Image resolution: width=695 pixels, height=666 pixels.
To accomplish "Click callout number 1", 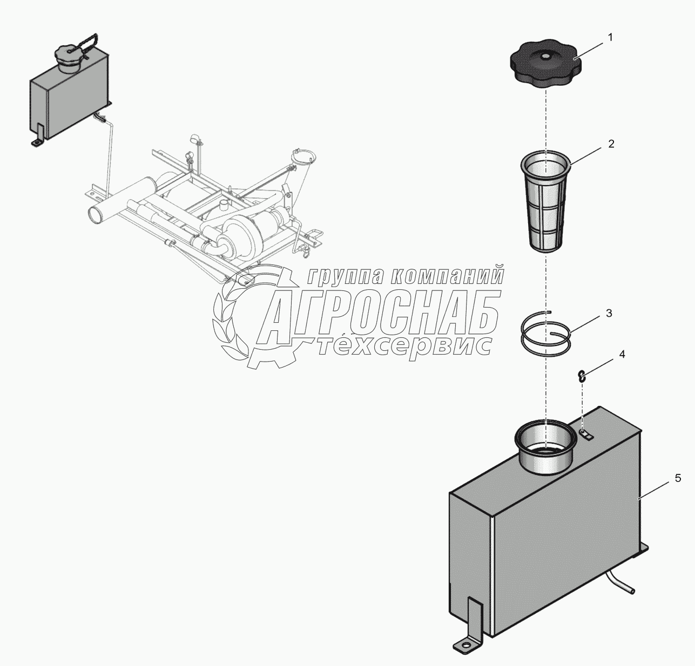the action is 610,37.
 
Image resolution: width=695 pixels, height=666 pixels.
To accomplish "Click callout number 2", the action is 611,144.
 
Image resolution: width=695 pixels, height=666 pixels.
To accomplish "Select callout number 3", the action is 609,313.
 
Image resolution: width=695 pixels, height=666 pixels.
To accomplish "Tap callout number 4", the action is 622,355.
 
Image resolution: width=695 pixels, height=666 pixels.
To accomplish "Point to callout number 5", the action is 678,478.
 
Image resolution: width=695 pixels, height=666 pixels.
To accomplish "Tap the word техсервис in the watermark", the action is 403,345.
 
